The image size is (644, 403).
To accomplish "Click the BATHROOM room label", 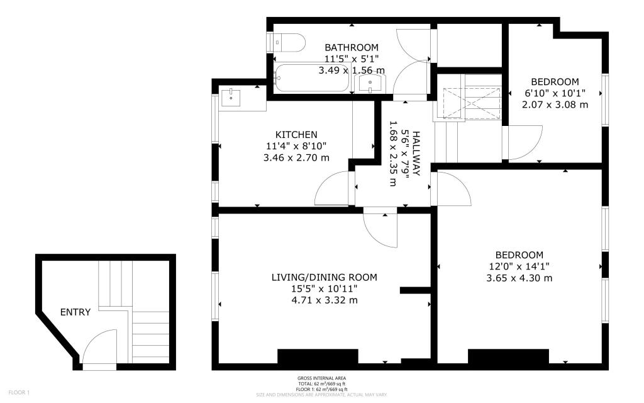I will [x=352, y=47].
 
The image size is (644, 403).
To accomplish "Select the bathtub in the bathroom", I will [x=312, y=78].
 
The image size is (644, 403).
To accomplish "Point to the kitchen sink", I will [x=232, y=97].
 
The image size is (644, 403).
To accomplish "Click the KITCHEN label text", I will [x=296, y=135].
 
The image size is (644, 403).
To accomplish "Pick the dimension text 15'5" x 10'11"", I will [x=325, y=288].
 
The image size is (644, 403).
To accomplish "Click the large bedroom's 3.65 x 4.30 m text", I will [x=519, y=278].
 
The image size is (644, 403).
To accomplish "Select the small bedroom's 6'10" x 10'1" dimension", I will [x=555, y=93].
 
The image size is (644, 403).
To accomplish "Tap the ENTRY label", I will [x=75, y=312].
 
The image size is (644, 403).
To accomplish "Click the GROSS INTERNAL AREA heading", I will [x=321, y=378].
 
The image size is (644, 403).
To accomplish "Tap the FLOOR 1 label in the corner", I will [x=19, y=393].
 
